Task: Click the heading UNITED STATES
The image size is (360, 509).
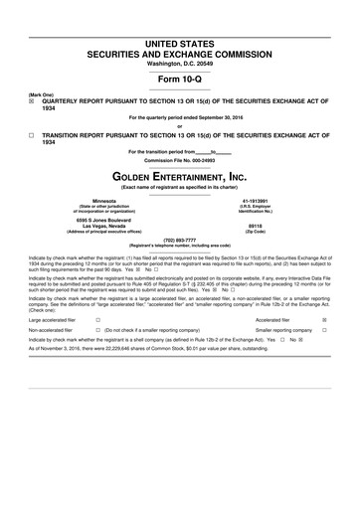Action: coord(180,44)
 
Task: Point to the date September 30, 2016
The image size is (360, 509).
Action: coord(209,118)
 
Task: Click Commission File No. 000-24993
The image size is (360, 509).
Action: coord(180,159)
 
